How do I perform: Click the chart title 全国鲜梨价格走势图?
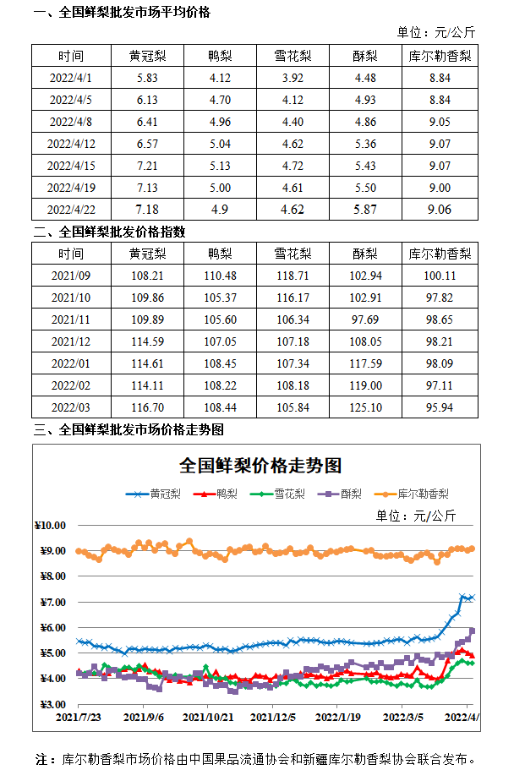coord(260,466)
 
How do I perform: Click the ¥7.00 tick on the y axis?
coord(53,602)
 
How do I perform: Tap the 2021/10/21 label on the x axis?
coord(208,717)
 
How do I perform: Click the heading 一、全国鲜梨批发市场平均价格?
coord(122,13)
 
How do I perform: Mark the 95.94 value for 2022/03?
coord(440,407)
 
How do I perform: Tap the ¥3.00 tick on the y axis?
coord(53,704)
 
